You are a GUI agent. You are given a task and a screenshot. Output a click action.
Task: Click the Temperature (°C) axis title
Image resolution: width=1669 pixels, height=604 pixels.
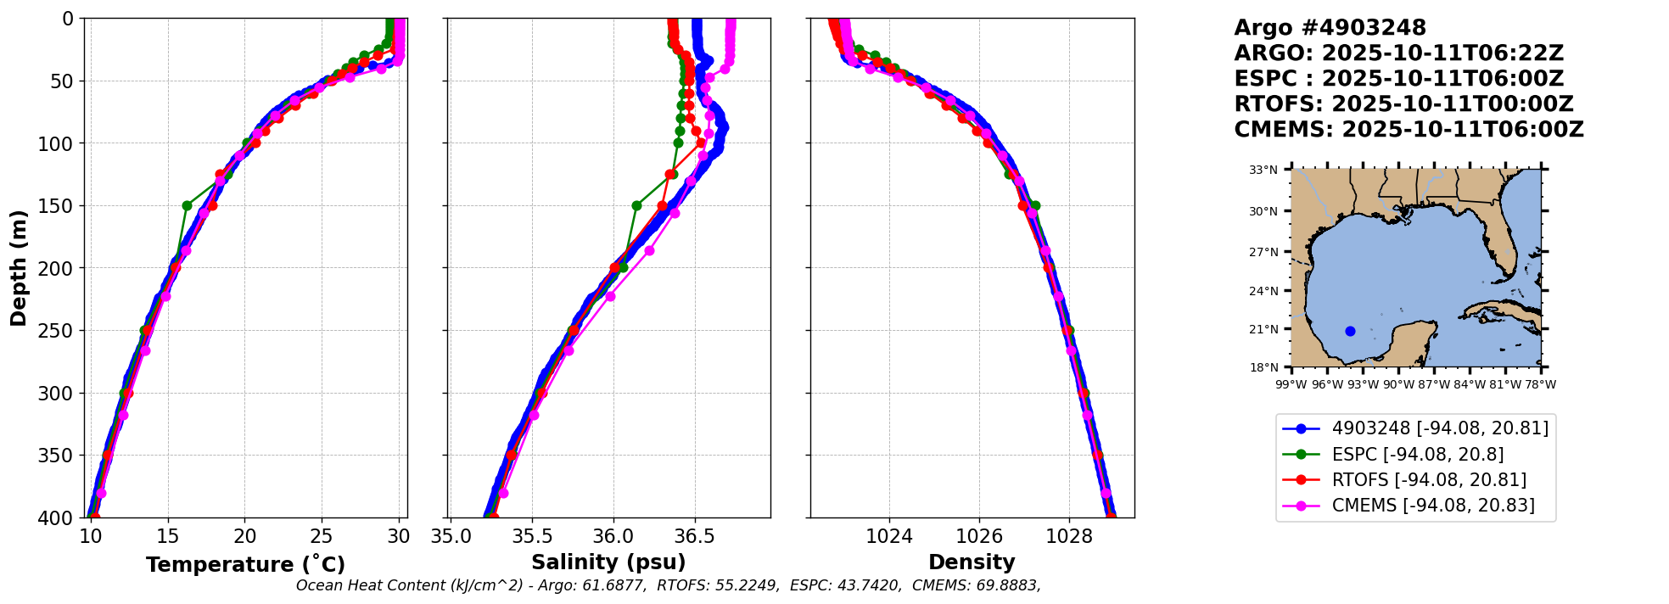[245, 565]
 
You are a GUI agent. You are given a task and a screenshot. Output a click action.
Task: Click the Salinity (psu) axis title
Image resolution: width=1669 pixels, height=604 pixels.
[608, 562]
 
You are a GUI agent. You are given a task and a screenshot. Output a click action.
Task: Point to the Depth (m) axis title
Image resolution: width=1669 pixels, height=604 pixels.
[19, 267]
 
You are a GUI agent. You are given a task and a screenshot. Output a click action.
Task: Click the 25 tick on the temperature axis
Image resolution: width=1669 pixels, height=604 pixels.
[322, 536]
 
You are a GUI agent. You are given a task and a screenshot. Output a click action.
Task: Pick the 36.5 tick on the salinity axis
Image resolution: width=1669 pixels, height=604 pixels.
[695, 536]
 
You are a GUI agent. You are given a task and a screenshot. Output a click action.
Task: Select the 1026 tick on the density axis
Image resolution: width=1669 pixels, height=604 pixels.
[979, 536]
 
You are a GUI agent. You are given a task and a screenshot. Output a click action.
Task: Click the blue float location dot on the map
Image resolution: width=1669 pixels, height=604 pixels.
[1350, 331]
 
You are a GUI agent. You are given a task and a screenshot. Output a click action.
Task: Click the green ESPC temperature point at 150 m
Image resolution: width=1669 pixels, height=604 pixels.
[187, 205]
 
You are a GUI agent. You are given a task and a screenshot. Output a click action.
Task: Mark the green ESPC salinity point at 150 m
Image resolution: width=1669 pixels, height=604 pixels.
[636, 205]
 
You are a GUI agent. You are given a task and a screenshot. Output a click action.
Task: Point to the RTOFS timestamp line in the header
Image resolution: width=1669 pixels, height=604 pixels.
[1403, 104]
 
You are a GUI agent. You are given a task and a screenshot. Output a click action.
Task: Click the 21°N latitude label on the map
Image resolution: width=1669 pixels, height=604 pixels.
[1263, 329]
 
